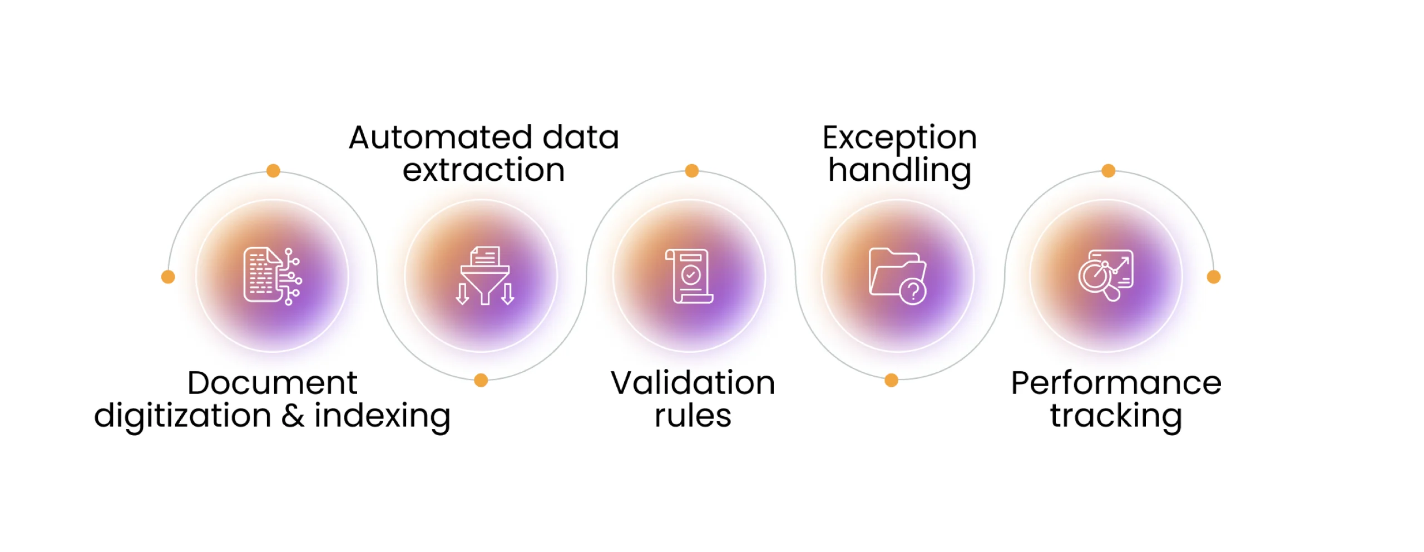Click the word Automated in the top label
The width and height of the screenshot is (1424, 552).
point(441,137)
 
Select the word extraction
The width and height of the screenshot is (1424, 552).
point(483,170)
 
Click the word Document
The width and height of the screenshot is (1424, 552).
point(272,383)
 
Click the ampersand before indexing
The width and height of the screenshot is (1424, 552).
point(293,416)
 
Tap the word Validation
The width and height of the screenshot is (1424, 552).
point(693,383)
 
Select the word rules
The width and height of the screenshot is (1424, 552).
point(693,416)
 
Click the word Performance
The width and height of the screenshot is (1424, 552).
point(1116,383)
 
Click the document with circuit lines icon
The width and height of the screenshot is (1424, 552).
point(273,276)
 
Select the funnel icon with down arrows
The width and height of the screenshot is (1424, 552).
point(484,275)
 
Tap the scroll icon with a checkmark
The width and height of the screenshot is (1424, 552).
point(689,276)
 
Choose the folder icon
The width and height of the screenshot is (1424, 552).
point(897,275)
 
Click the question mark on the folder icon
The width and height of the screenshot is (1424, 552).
point(913,291)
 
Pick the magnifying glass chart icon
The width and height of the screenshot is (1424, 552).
point(1106,275)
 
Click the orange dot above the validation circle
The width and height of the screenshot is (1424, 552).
point(691,171)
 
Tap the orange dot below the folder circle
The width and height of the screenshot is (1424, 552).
point(891,380)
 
